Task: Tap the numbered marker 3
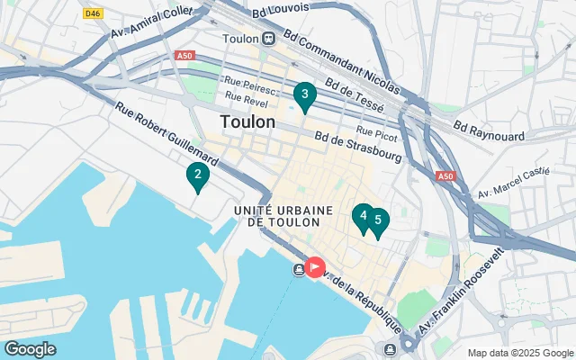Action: coord(305,94)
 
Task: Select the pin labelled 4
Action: coord(363,216)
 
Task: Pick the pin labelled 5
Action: coord(378,220)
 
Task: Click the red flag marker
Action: coord(315,266)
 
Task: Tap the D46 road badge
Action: coord(92,13)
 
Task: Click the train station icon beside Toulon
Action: coord(268,39)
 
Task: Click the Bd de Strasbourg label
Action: coord(357,148)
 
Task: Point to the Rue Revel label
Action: coord(245,97)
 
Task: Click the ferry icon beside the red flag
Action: coord(298,269)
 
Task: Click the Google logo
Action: coord(30,349)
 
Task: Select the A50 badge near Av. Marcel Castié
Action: coord(445,177)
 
